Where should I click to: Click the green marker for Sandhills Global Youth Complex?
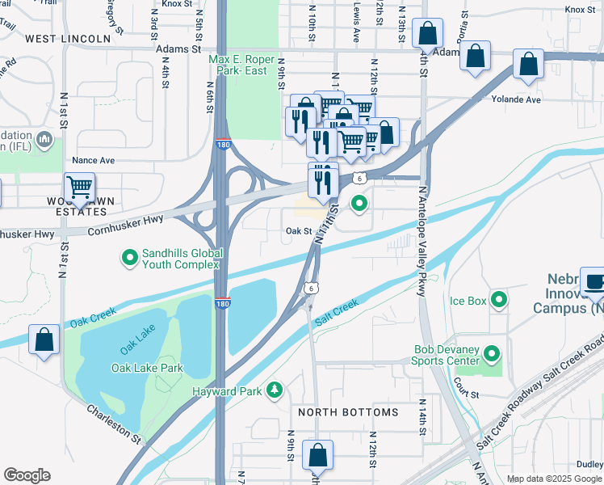pos(128,258)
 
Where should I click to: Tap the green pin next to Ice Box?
pos(500,302)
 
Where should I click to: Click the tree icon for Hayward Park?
pos(275,390)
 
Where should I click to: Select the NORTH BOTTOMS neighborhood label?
pos(348,412)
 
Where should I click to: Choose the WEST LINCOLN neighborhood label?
pos(68,39)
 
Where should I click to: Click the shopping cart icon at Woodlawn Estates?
pos(80,188)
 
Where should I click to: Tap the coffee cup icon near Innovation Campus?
pos(596,282)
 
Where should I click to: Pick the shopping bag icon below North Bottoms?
pos(317,454)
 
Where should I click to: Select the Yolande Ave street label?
pos(515,99)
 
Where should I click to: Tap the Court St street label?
pos(466,394)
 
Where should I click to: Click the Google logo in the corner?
pos(27,474)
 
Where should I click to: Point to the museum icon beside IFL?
pos(45,142)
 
